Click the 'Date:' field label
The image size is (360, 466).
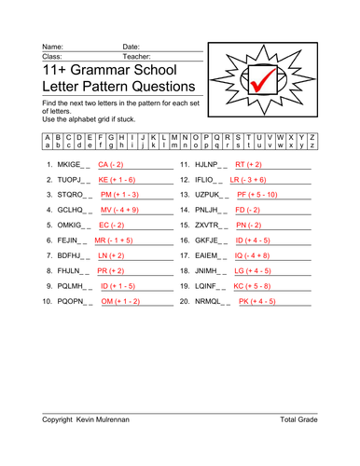point(131,46)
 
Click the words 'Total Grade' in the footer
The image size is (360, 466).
point(300,419)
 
